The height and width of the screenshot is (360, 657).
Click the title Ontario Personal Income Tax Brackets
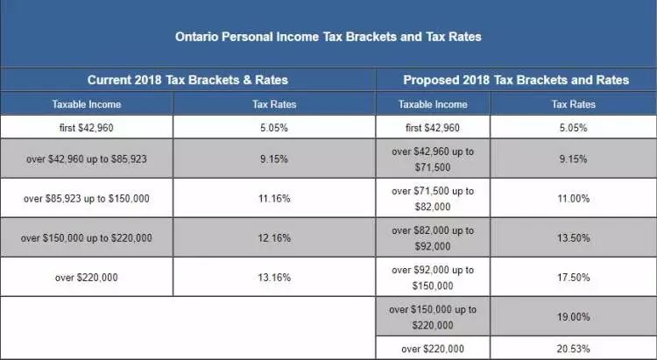(x=328, y=37)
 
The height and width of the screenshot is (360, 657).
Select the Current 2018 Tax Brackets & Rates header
(x=187, y=80)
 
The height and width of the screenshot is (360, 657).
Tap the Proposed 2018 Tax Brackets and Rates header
(x=516, y=80)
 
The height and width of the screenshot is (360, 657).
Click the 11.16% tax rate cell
(x=274, y=198)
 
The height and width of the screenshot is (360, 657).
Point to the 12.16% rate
(x=274, y=237)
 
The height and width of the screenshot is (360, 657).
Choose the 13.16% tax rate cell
(x=274, y=277)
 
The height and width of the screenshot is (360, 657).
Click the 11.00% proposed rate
(x=573, y=198)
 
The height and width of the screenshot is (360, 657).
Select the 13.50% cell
(x=573, y=237)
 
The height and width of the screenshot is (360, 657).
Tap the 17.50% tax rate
(x=573, y=277)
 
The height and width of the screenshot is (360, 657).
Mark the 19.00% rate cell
(x=573, y=316)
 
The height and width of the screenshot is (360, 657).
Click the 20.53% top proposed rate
(x=573, y=349)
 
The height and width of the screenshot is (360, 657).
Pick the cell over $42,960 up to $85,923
(x=87, y=159)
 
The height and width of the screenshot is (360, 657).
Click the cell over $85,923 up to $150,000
(x=87, y=198)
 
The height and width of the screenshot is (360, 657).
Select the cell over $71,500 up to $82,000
(x=433, y=199)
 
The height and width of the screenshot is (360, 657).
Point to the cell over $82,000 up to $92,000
(x=433, y=238)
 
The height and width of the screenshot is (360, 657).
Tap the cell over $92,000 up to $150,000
(x=433, y=278)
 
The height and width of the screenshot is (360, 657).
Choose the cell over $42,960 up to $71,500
(x=433, y=159)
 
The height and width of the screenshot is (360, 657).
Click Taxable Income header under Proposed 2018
(x=433, y=104)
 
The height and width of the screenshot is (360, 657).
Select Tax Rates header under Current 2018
(x=274, y=104)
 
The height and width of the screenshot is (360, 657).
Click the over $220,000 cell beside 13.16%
(x=87, y=278)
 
